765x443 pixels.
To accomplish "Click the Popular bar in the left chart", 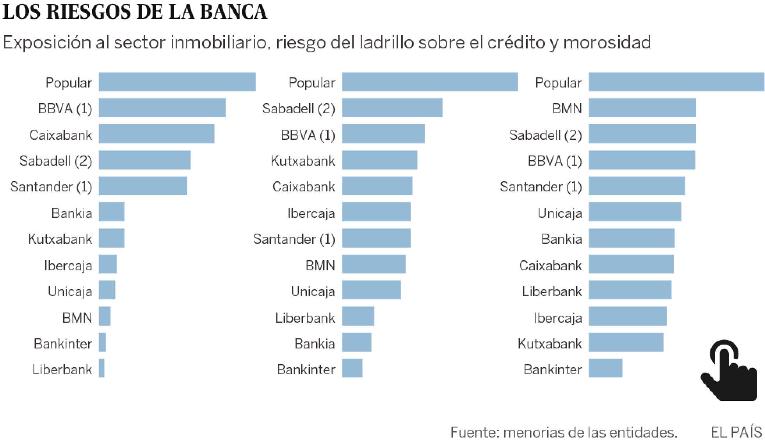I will pos(177,82).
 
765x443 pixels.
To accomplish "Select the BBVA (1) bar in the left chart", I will pos(162,108).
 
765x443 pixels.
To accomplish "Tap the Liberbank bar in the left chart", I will pos(101,368).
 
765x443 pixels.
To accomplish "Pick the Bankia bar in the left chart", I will pos(112,212).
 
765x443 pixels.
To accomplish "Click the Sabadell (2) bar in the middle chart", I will pos(392,108).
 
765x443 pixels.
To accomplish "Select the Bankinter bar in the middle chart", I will pos(352,368).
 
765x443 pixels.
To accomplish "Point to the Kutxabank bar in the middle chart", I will pos(379,160).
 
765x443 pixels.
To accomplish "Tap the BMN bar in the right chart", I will pos(642,108).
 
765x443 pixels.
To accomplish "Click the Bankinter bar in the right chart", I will pos(605,368).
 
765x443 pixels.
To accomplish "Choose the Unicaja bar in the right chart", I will pos(635,212).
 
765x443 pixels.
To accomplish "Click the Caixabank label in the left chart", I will pos(61,135).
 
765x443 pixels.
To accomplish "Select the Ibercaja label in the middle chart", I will pos(311,213).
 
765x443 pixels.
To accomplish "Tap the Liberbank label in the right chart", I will pos(552,291).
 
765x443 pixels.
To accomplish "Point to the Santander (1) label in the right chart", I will pos(541,187).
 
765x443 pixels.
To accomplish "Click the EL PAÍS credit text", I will pos(736,432).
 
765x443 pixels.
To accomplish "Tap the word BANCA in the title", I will pos(233,12).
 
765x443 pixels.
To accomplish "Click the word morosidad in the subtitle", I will pos(607,42).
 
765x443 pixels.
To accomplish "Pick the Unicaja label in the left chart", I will pos(70,291).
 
